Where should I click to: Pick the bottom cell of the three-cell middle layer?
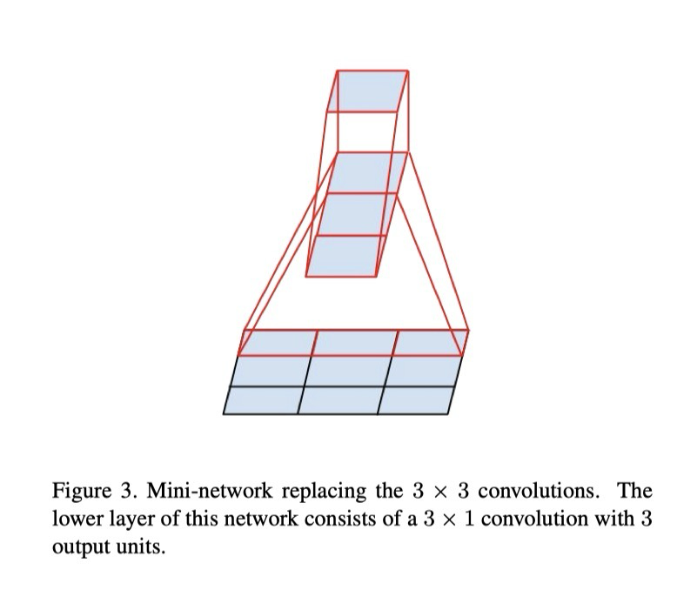[x=345, y=256]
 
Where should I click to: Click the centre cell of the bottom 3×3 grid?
[x=345, y=372]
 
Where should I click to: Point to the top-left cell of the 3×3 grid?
[x=275, y=343]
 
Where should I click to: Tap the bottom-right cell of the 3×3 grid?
[x=416, y=400]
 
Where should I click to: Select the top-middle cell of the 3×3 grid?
[x=353, y=343]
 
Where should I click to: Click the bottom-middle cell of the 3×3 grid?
[x=339, y=400]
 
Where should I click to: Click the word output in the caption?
[x=78, y=548]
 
